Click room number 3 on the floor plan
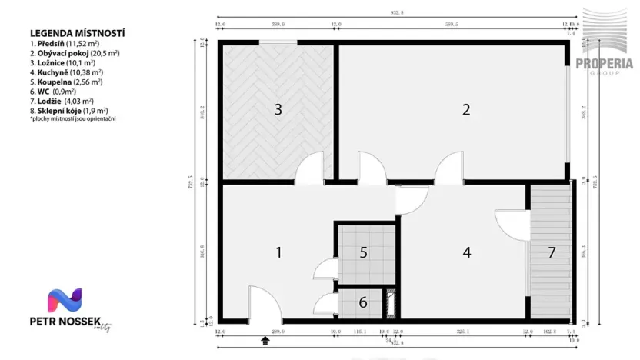pos(278,109)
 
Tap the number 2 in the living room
pos(465,109)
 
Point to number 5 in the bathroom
pos(364,252)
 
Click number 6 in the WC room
pos(363,302)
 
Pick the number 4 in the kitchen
pos(466,252)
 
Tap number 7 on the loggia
pos(551,252)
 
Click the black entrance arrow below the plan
pos(265,339)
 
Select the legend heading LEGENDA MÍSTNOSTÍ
pos(77,34)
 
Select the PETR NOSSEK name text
pos(62,320)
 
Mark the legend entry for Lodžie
pos(62,101)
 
